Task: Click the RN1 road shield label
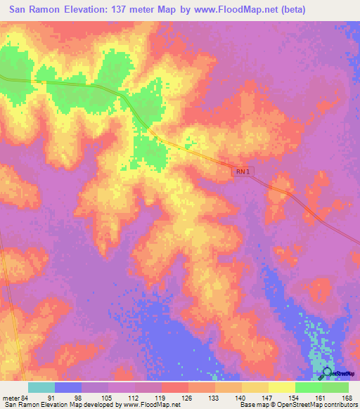[x=243, y=171]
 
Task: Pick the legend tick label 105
[x=107, y=398]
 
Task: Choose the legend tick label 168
[x=347, y=398]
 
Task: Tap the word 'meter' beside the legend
[x=10, y=398]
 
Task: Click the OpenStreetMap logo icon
[x=326, y=373]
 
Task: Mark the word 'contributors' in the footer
[x=339, y=405]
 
